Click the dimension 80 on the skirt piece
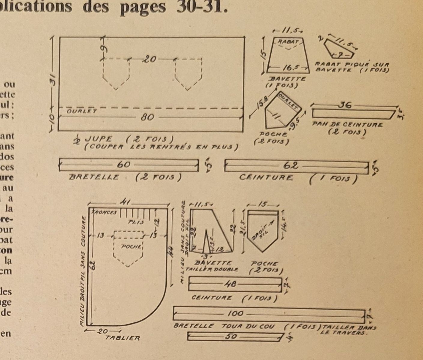(x=148, y=117)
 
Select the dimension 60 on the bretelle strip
(x=124, y=165)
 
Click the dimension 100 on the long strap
(x=235, y=314)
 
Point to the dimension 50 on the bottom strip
(x=231, y=337)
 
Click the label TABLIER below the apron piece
(x=122, y=338)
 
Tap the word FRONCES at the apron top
(x=104, y=212)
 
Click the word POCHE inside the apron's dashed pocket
(x=131, y=246)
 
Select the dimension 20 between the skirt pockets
(x=150, y=59)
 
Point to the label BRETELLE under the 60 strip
(x=94, y=177)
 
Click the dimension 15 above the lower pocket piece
(x=262, y=205)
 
